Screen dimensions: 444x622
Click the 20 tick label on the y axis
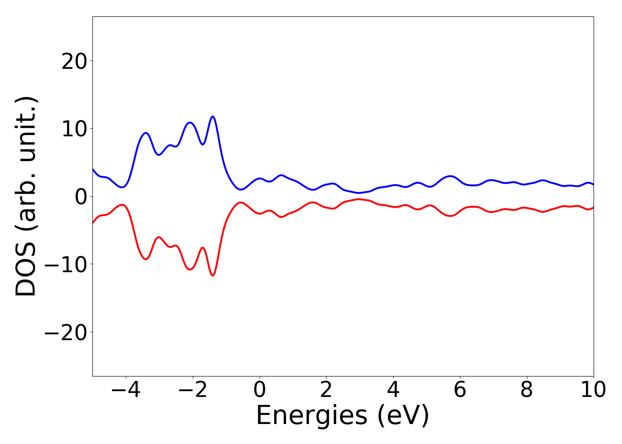[x=74, y=61]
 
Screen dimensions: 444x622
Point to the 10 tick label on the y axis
[x=74, y=129]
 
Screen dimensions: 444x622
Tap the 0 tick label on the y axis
[x=80, y=197]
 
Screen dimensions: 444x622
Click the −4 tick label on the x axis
[x=126, y=390]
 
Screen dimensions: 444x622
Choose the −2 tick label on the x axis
[x=192, y=390]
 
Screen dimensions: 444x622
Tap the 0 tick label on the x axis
[x=259, y=390]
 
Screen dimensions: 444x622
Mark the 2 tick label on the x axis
[x=326, y=390]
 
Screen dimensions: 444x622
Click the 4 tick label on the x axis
[x=393, y=390]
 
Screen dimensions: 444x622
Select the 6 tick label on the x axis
[x=460, y=390]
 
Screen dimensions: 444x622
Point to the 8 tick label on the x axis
[x=526, y=390]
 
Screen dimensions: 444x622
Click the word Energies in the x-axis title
[x=312, y=416]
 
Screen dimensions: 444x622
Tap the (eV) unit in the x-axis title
[x=403, y=416]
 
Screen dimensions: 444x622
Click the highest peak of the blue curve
[x=213, y=117]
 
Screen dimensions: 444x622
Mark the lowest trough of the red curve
[x=213, y=276]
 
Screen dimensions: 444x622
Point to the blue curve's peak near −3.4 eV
[x=146, y=133]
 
